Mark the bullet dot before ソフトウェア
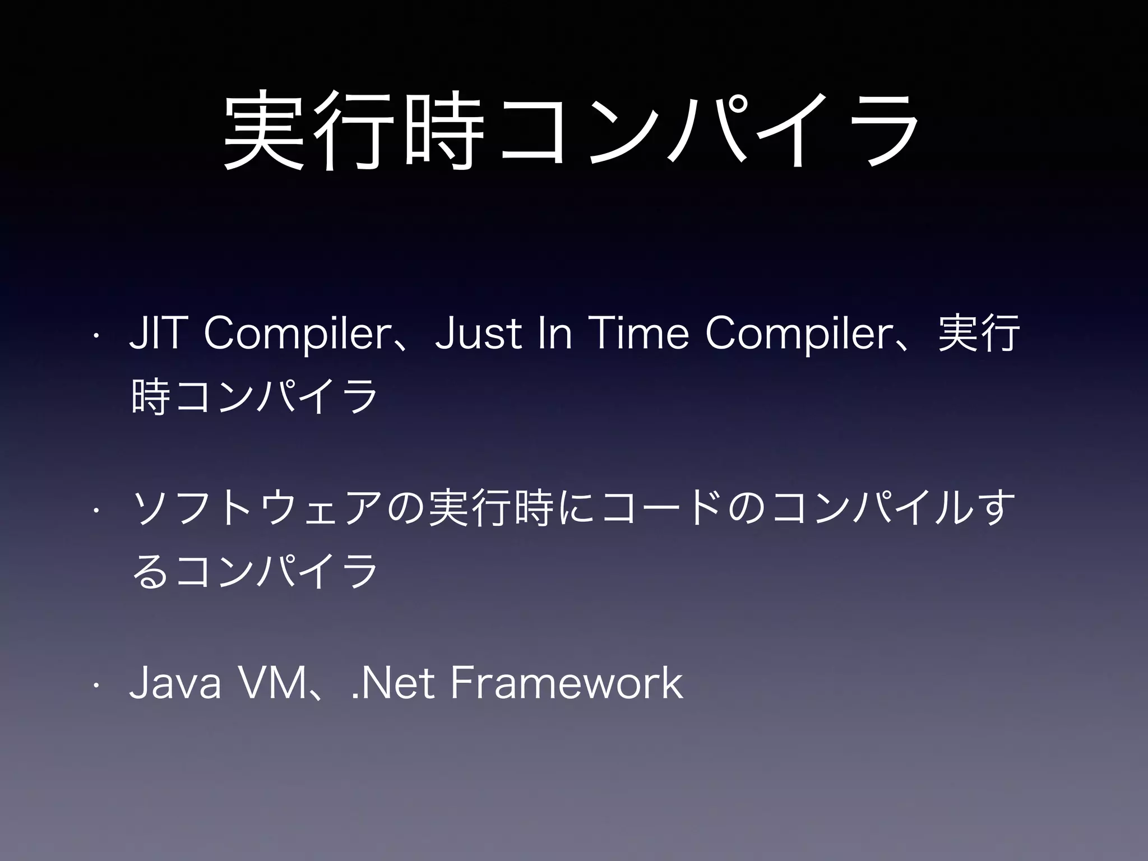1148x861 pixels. tap(96, 511)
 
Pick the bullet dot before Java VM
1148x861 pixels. tap(96, 686)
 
